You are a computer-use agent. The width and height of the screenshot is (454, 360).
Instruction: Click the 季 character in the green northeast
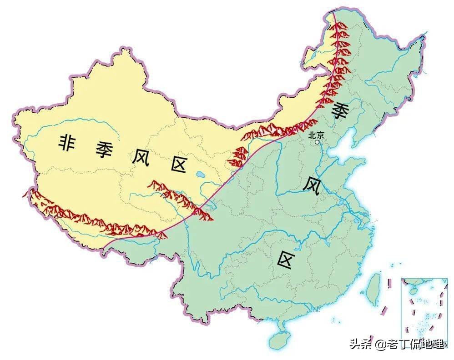click(x=340, y=111)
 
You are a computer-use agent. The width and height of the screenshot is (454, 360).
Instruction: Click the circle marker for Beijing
click(x=318, y=142)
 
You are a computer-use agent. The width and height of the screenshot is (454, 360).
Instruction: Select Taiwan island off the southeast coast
click(x=373, y=288)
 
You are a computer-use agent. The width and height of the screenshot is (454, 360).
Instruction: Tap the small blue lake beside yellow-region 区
click(x=201, y=174)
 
